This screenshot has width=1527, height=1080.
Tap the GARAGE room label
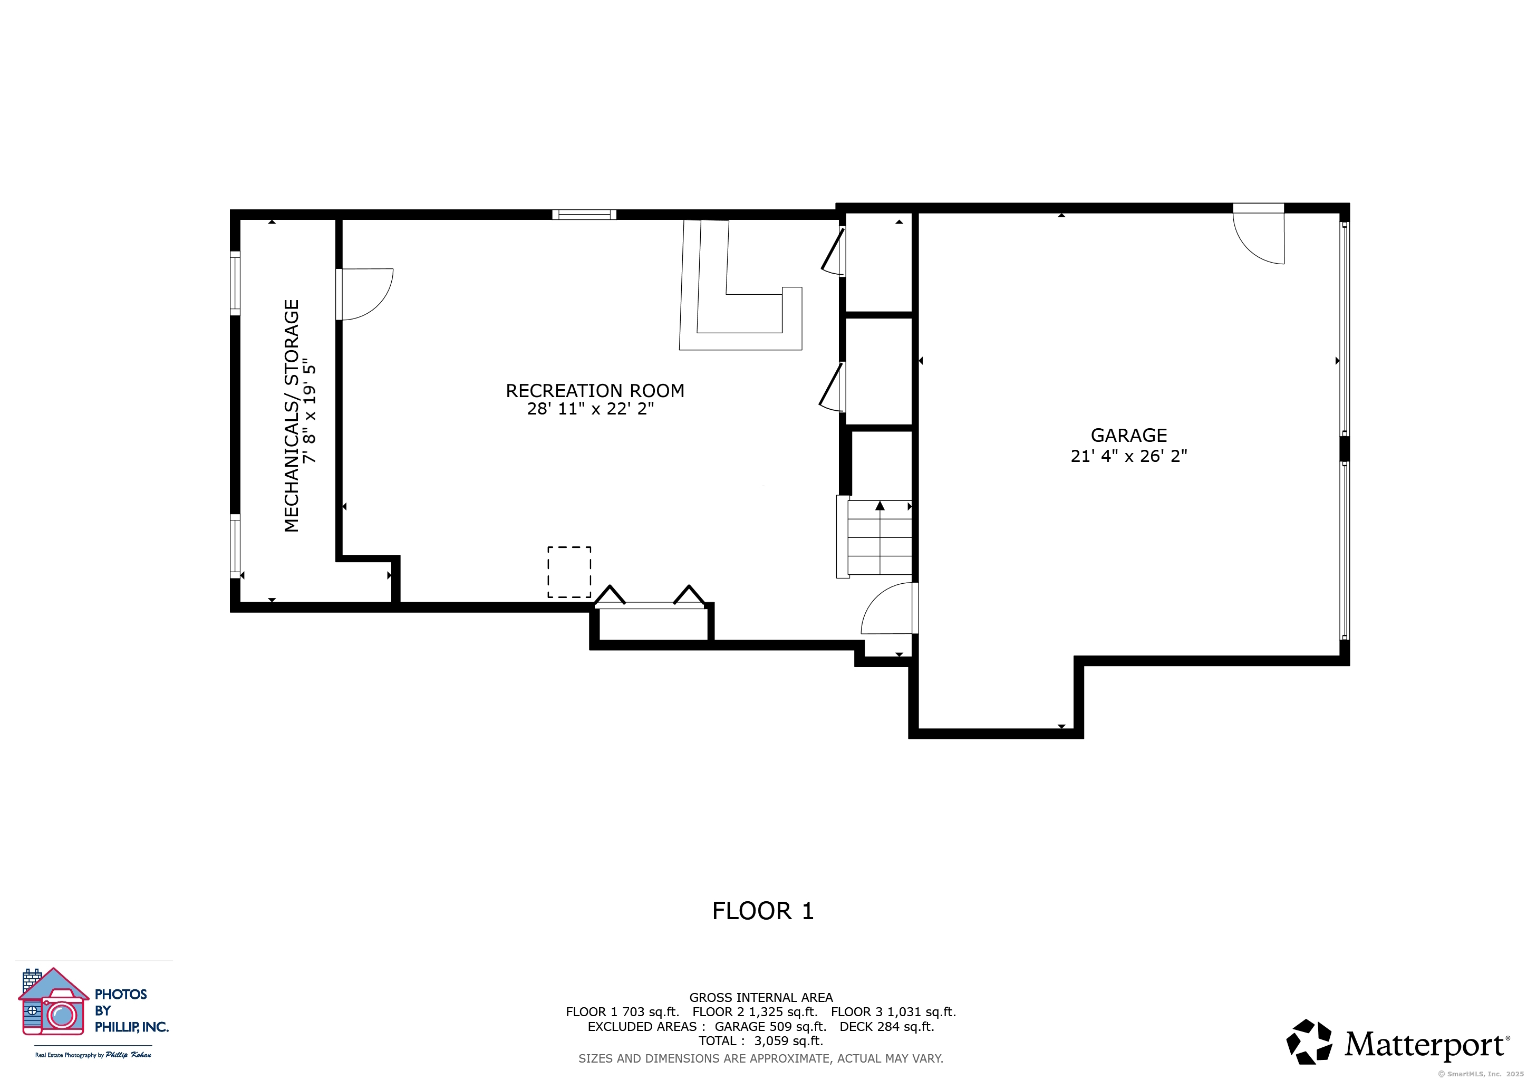[1128, 435]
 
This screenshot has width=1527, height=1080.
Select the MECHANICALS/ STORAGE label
[291, 416]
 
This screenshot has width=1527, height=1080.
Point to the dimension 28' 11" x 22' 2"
[591, 408]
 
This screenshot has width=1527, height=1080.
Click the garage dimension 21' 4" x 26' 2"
[1128, 456]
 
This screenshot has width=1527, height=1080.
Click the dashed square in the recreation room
[569, 572]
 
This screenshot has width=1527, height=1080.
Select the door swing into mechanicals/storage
[364, 294]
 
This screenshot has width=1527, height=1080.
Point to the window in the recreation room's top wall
[584, 214]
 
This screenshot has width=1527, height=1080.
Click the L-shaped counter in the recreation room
[740, 285]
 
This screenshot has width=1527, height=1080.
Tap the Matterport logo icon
[1309, 1042]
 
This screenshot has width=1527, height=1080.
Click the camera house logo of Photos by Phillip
[53, 1001]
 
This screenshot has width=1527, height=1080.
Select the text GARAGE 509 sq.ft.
[770, 1026]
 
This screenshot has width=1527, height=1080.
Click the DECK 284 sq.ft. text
[886, 1026]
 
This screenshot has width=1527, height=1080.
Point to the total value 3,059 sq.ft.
[788, 1041]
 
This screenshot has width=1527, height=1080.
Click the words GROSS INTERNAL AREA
[761, 998]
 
